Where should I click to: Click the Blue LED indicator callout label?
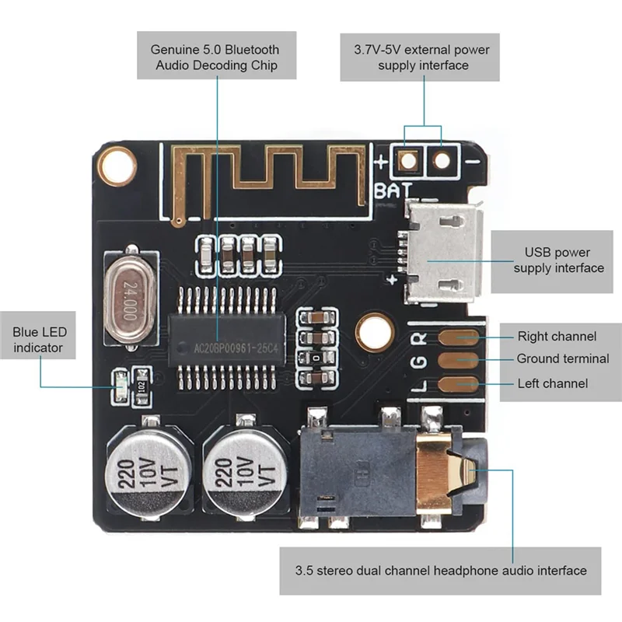coord(40,340)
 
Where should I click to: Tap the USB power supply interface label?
coord(557,260)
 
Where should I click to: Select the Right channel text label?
coord(557,337)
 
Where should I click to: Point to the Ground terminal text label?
coord(563,358)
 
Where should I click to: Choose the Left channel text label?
coord(552,383)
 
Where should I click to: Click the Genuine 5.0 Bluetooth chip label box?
coord(216,57)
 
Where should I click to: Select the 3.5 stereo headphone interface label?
coord(440,571)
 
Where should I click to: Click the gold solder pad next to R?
coord(458,337)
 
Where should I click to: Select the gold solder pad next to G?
coord(458,360)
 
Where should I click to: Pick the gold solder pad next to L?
coord(458,384)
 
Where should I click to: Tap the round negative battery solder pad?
coord(442,161)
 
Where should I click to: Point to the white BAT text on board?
coord(393,190)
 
